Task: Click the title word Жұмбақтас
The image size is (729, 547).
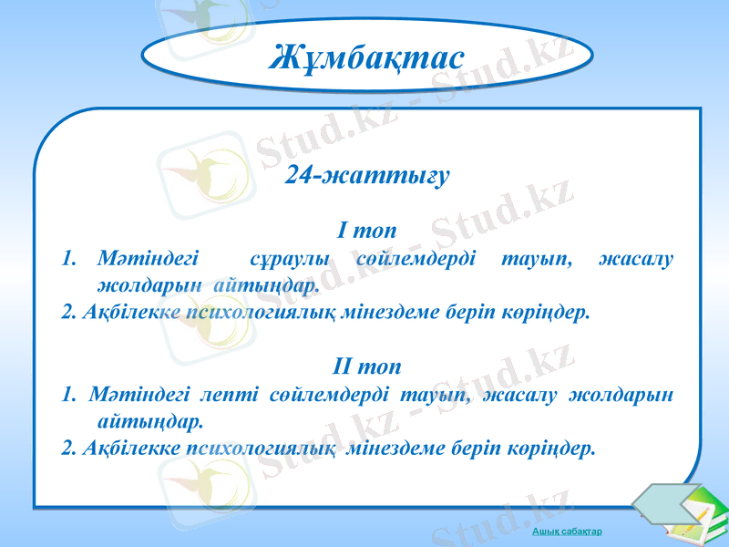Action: point(366,58)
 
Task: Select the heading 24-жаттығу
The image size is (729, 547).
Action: point(367,176)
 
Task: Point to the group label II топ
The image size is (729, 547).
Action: point(365,367)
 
